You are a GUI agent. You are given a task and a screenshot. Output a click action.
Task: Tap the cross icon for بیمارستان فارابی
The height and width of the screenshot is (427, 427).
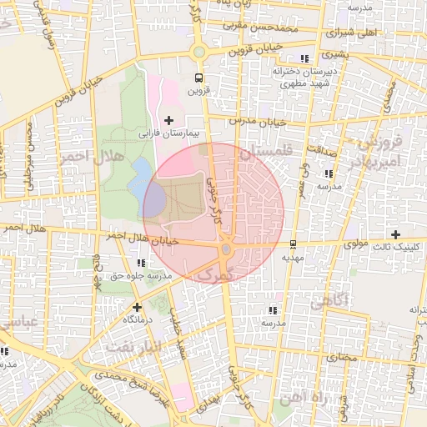coord(169,121)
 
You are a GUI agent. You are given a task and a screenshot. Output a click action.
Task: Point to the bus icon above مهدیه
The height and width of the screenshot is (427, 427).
coord(293,244)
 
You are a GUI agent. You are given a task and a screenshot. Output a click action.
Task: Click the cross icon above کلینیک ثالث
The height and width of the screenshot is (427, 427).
coord(395,234)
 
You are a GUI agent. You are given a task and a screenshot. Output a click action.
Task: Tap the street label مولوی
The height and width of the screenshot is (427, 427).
coord(356,244)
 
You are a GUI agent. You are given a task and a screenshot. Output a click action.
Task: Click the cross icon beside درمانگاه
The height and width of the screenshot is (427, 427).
coord(138,307)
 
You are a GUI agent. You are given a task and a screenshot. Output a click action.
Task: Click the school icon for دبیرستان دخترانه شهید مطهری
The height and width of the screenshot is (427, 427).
coord(305,58)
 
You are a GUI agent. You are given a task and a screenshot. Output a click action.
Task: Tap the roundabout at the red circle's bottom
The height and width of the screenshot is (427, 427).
coord(225,249)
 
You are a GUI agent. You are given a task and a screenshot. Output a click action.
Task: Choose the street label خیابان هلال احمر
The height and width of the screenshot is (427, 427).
coord(131,239)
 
